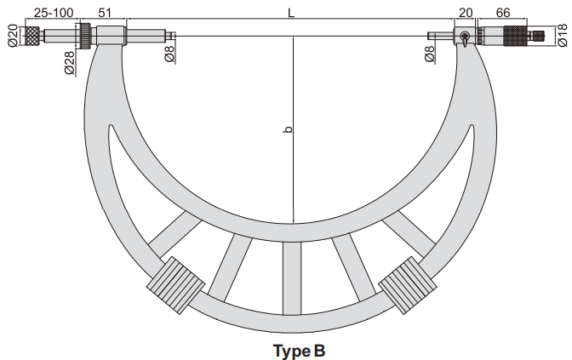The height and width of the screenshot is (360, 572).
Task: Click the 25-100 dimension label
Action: (x=54, y=13)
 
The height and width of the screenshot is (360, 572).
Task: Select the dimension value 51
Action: (x=105, y=13)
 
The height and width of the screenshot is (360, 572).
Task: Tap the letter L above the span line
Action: (x=291, y=13)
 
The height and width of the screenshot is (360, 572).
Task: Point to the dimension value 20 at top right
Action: (x=466, y=13)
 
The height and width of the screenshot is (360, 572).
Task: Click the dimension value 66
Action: (x=503, y=13)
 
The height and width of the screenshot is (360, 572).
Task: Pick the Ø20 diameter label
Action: (x=13, y=36)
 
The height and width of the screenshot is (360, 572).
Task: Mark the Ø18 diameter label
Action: (x=563, y=36)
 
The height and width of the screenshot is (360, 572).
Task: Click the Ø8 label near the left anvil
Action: (x=169, y=53)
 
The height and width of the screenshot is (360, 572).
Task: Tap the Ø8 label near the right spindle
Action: (x=430, y=54)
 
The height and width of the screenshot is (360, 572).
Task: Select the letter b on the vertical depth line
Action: (x=288, y=129)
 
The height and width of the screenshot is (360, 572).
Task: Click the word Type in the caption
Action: (x=288, y=351)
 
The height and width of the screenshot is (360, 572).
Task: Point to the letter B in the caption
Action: (x=319, y=351)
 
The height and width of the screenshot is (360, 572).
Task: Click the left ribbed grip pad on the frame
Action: (x=176, y=284)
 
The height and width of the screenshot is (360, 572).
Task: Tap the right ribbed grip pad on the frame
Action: (x=408, y=285)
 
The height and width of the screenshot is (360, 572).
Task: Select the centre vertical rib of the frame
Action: (x=292, y=278)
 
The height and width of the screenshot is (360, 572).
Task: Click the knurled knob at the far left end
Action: (x=32, y=36)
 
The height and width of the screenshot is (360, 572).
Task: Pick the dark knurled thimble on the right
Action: (x=516, y=36)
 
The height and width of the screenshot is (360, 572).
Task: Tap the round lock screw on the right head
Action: (x=465, y=36)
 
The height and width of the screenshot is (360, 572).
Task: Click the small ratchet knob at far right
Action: (x=539, y=36)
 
